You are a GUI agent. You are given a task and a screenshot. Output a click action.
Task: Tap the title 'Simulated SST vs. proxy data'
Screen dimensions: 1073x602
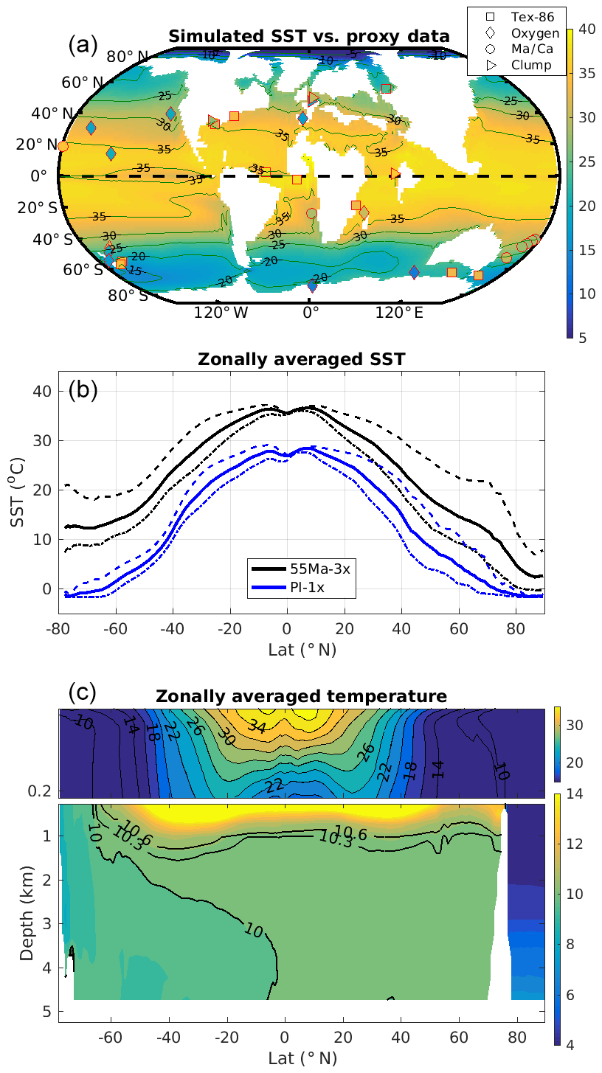(x=308, y=36)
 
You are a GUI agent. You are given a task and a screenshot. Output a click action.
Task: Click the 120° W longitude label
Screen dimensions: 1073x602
(x=221, y=312)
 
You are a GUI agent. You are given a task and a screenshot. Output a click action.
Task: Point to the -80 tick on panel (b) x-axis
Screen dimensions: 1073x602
(x=58, y=628)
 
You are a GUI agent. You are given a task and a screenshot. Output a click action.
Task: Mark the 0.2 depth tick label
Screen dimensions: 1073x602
(x=43, y=790)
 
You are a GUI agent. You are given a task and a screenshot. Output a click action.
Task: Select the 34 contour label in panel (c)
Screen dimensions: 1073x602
(x=256, y=726)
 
